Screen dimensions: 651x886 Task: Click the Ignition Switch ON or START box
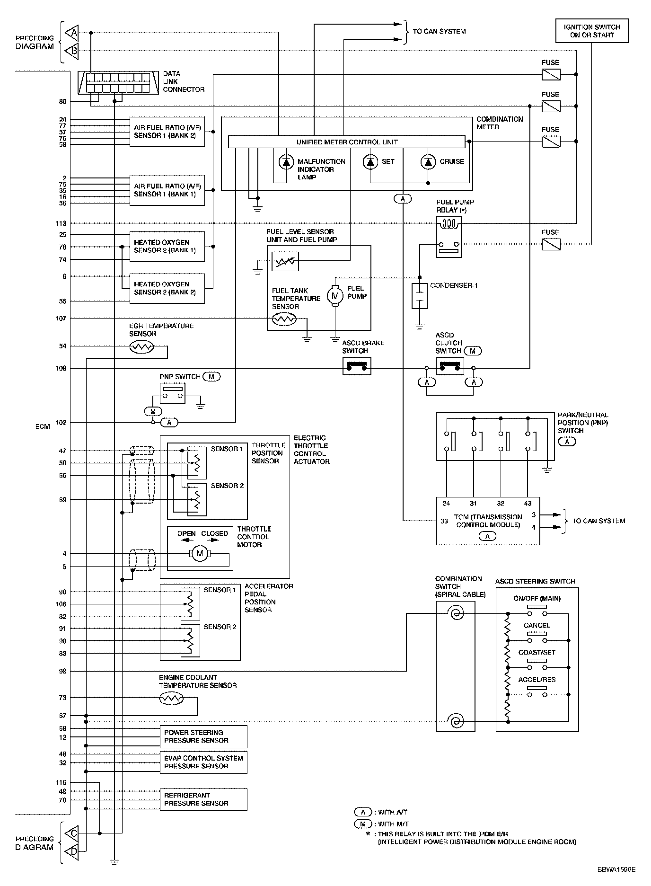[592, 31]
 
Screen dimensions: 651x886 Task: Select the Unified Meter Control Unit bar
[347, 142]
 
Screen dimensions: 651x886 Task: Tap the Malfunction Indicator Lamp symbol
[286, 162]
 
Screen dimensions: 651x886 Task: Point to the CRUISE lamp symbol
[428, 162]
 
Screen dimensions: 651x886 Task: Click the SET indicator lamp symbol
[370, 162]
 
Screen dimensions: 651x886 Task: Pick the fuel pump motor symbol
[335, 296]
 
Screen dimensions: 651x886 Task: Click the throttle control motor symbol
[199, 553]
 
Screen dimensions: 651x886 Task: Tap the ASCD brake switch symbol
[356, 366]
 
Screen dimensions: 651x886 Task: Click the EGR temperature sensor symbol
[141, 347]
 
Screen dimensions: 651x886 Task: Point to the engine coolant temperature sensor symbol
[171, 698]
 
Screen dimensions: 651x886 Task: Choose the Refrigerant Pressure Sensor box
[203, 799]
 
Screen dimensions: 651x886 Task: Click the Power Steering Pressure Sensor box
[203, 736]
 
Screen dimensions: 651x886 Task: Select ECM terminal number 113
[61, 223]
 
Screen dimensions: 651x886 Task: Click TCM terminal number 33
[444, 521]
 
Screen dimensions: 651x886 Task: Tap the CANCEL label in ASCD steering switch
[537, 625]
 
